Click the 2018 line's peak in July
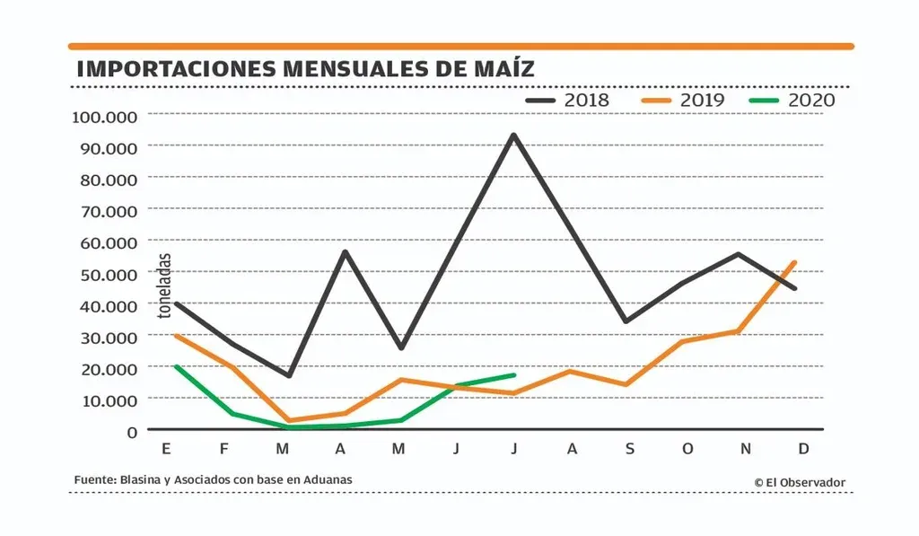coord(513,136)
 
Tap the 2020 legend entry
coord(790,100)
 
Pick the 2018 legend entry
coord(567,100)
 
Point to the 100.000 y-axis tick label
coord(104,116)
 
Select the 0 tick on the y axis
coord(132,431)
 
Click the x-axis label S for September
coord(629,449)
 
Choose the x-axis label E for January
coord(166,449)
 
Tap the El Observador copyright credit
coord(800,483)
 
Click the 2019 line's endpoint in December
coord(794,262)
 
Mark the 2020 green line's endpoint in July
coord(513,375)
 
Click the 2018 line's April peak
coord(346,251)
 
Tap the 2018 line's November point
coord(738,254)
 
